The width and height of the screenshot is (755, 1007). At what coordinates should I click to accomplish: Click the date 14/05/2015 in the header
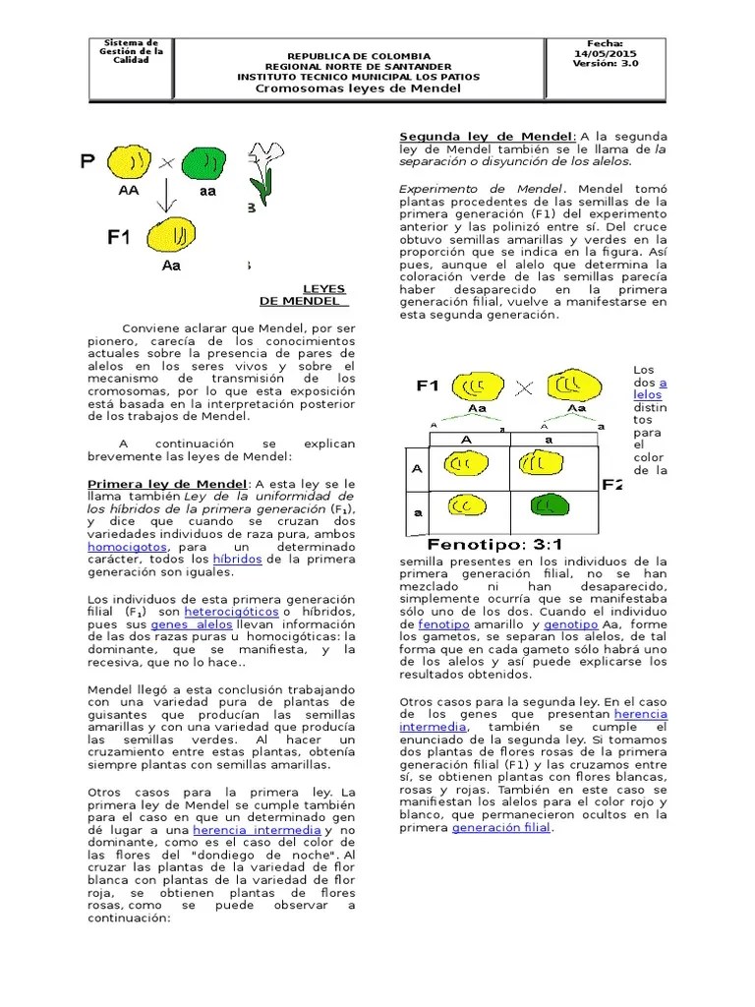click(x=604, y=54)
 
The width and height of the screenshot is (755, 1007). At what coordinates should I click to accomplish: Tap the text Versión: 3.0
click(x=604, y=64)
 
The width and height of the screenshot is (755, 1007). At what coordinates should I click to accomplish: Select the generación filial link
click(x=501, y=828)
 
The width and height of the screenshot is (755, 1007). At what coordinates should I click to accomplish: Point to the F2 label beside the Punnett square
click(x=612, y=484)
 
